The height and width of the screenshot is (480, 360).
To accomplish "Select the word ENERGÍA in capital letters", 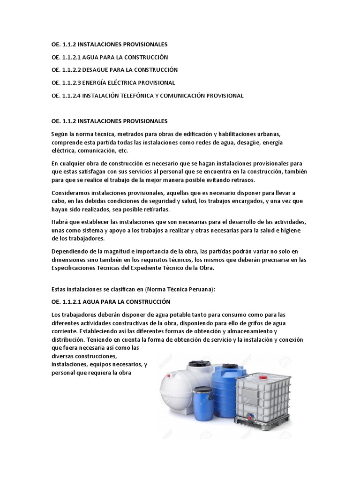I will (102, 82).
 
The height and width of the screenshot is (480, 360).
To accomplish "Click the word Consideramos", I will (73, 193).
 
